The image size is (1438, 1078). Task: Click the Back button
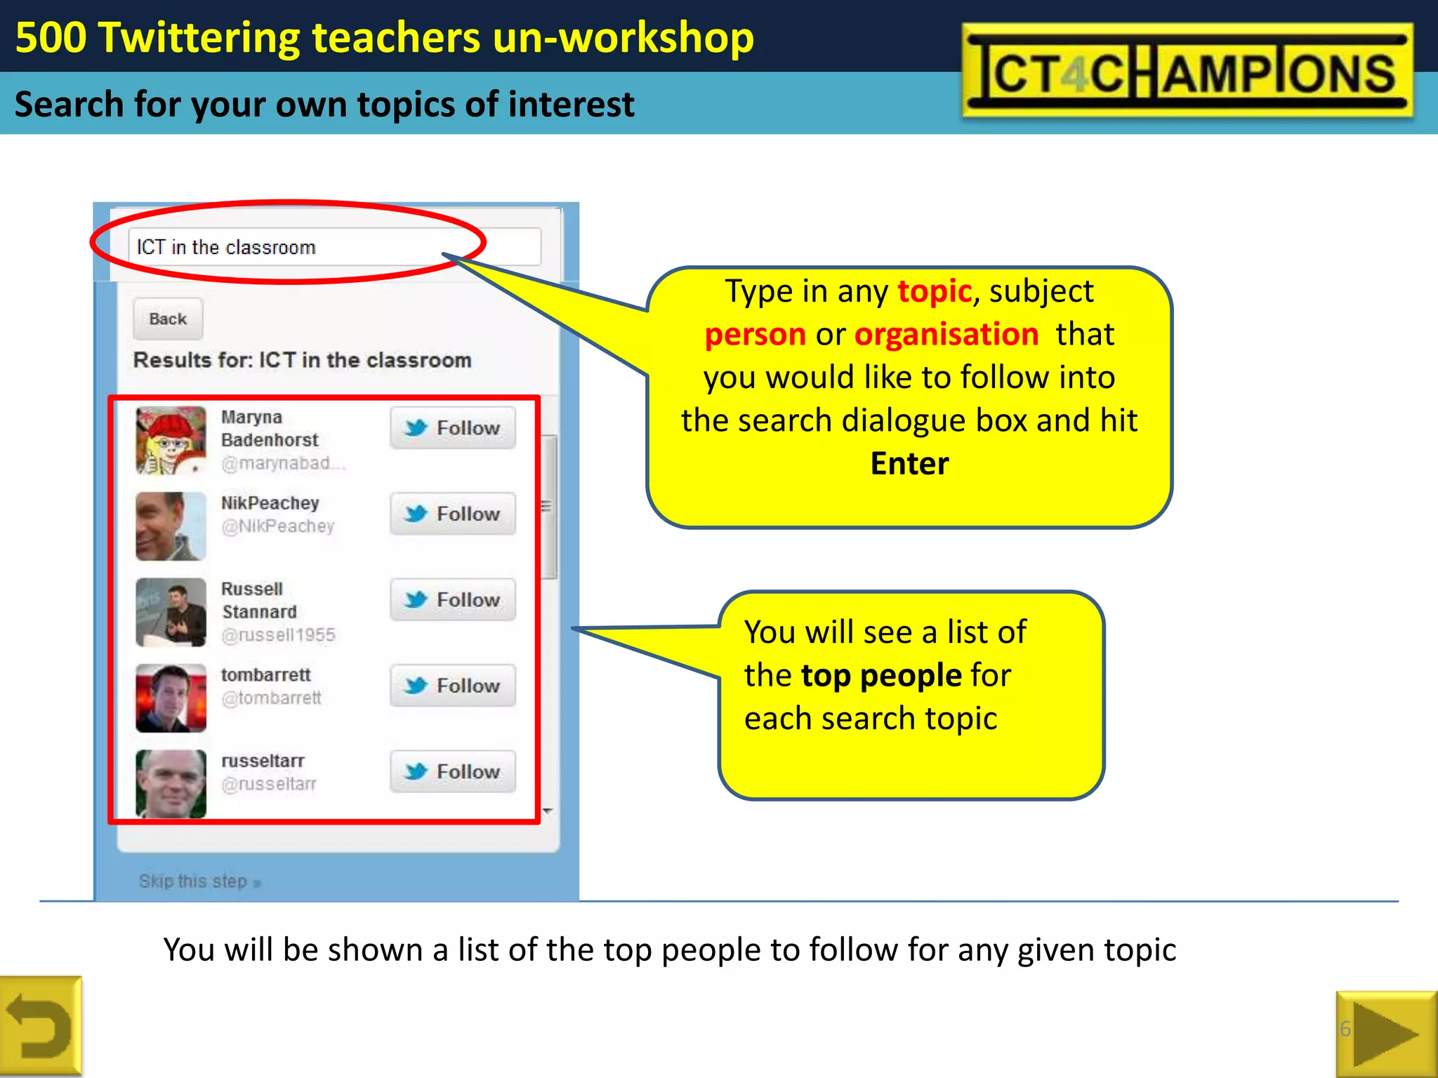(x=168, y=319)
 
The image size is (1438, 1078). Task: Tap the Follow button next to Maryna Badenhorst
(x=453, y=427)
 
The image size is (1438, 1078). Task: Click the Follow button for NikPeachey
(x=453, y=514)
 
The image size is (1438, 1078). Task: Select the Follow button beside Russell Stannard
(x=453, y=599)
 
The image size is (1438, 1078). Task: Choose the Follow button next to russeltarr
(x=453, y=771)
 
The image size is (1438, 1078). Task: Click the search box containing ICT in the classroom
(x=334, y=247)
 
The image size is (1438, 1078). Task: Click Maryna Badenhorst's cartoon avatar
(x=171, y=441)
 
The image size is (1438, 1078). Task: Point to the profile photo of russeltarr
(x=171, y=784)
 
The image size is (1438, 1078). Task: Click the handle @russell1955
(x=278, y=635)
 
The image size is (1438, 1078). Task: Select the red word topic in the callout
(x=935, y=291)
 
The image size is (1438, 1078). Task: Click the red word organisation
(x=946, y=335)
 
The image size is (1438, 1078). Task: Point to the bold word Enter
(x=909, y=464)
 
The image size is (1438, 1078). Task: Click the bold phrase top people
(x=881, y=676)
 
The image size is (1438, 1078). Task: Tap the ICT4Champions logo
(x=1187, y=71)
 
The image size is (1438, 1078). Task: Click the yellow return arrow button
(x=40, y=1027)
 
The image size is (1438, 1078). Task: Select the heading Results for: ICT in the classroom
(x=302, y=360)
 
